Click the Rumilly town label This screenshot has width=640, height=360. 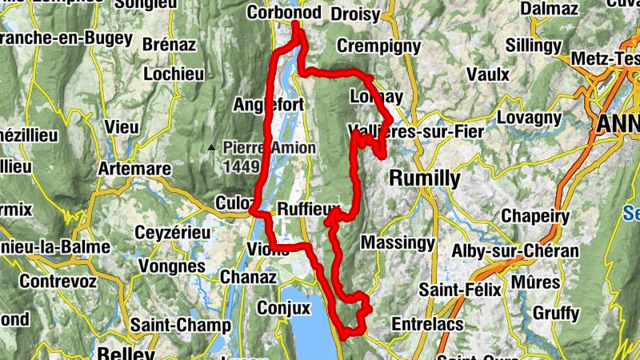pyautogui.click(x=425, y=178)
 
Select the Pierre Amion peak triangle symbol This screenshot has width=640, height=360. pyautogui.click(x=210, y=147)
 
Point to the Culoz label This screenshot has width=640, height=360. pyautogui.click(x=234, y=202)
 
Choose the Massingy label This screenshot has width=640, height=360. pyautogui.click(x=398, y=242)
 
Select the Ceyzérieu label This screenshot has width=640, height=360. pyautogui.click(x=173, y=233)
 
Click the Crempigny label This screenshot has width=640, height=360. pyautogui.click(x=378, y=46)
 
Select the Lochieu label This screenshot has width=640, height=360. pyautogui.click(x=174, y=74)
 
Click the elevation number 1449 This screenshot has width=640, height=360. pyautogui.click(x=242, y=166)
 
